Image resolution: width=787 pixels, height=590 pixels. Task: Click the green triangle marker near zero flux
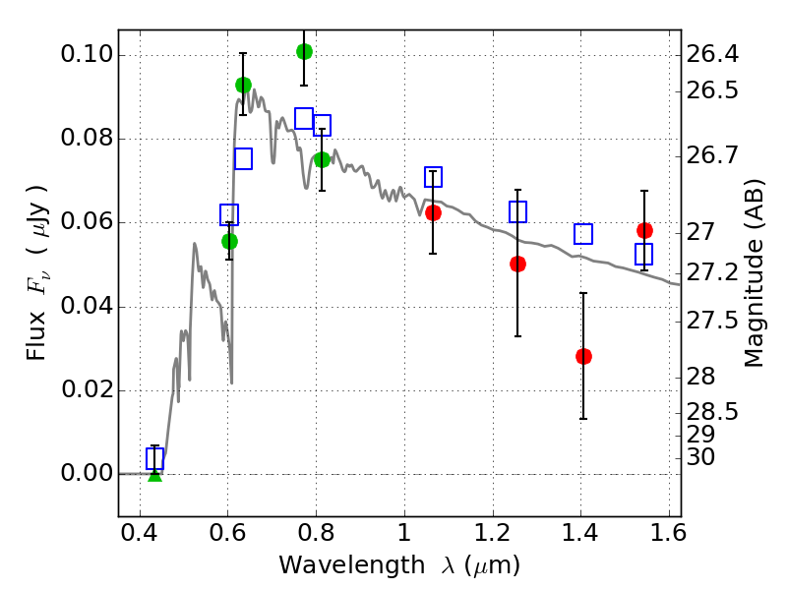coord(154,474)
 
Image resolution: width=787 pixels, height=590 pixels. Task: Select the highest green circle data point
coord(304,51)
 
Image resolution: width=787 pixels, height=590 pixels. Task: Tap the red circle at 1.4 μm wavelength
coord(583,356)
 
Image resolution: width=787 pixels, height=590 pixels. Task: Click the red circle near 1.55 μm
coord(644,230)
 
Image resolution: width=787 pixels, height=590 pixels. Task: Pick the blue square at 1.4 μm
coord(583,234)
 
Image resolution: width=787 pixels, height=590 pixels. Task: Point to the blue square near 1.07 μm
coord(433,177)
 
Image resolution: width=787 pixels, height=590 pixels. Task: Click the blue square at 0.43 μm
coord(154,458)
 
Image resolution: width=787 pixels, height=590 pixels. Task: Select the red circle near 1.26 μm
coord(517,264)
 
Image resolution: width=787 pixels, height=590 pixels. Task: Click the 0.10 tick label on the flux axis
coord(86,55)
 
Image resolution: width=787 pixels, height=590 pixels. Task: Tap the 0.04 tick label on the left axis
coord(86,307)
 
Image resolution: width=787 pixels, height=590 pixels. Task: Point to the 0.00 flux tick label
coord(86,474)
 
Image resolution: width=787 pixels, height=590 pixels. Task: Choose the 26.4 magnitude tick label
coord(713,53)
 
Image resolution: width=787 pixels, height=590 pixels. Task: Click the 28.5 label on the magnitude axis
coord(713,411)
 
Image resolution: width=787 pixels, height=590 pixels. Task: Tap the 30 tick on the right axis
coord(704,457)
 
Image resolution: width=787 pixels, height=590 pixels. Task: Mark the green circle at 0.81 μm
coord(322,159)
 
